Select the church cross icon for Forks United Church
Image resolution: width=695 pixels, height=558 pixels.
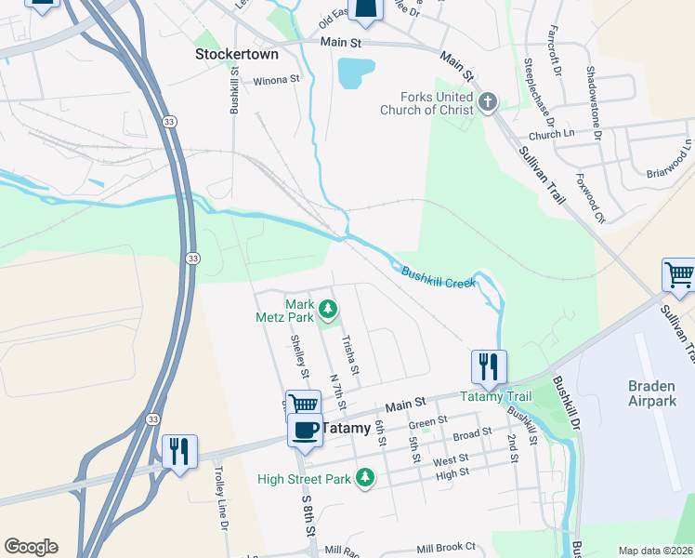489,100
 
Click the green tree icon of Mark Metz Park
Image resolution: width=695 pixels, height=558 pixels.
327,308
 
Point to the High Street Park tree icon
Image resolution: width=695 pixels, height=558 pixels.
366,478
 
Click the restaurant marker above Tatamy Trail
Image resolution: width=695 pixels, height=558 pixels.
489,366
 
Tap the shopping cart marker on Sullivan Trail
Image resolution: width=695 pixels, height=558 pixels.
678,275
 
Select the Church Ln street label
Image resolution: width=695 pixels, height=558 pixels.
550,135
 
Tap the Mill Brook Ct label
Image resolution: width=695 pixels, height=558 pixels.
446,548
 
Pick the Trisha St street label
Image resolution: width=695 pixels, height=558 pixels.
351,356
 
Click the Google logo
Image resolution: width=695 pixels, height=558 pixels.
31,547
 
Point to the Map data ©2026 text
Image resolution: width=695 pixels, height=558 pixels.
655,551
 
